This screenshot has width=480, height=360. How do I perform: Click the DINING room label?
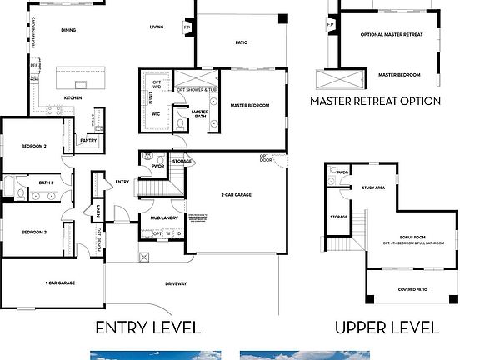coord(68,30)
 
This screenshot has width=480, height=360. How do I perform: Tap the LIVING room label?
coord(157,27)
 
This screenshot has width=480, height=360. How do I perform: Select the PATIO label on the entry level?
coord(241,42)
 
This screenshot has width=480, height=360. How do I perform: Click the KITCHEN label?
coord(73,97)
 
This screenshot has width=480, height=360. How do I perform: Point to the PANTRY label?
coord(88,141)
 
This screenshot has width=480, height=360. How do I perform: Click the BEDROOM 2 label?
coord(33,146)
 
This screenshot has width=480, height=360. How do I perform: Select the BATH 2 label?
coord(46,182)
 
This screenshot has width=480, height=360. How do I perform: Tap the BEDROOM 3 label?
coord(33,232)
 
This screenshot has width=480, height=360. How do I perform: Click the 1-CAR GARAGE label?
coord(60,283)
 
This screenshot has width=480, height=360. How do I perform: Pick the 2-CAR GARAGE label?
coord(237,194)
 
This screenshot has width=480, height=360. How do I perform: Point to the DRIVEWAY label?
coord(176,284)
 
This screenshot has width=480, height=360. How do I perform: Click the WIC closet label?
coord(155,115)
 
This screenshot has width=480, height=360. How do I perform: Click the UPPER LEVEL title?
coord(386,327)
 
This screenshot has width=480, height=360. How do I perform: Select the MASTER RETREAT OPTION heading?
coord(375,102)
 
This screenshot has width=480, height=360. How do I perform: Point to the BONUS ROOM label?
coord(412,237)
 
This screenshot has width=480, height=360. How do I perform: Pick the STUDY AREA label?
coord(373,188)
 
